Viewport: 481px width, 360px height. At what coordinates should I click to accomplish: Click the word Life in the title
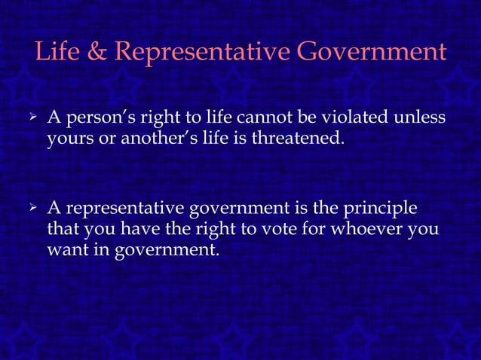pos(58,53)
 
